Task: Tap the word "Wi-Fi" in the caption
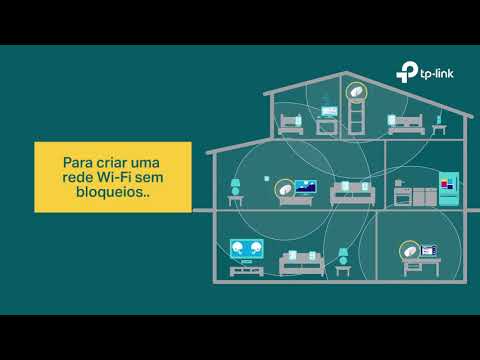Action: point(114,177)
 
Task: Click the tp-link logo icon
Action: point(407,72)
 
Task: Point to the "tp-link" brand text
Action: point(437,74)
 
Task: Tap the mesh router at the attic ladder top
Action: point(356,91)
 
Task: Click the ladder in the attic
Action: point(356,117)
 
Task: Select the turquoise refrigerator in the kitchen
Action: point(449,189)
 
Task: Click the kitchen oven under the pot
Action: point(403,197)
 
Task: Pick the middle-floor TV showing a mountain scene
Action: point(306,187)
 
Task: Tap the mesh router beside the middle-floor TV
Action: point(284,189)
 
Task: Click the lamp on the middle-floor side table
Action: point(235,187)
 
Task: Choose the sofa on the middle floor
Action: point(353,194)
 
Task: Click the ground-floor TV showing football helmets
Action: point(247,249)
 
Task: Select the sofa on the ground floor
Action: point(302,263)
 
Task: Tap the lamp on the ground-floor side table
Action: point(343,256)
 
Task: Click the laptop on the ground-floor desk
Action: point(429,251)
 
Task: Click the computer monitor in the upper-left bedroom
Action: point(329,111)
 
